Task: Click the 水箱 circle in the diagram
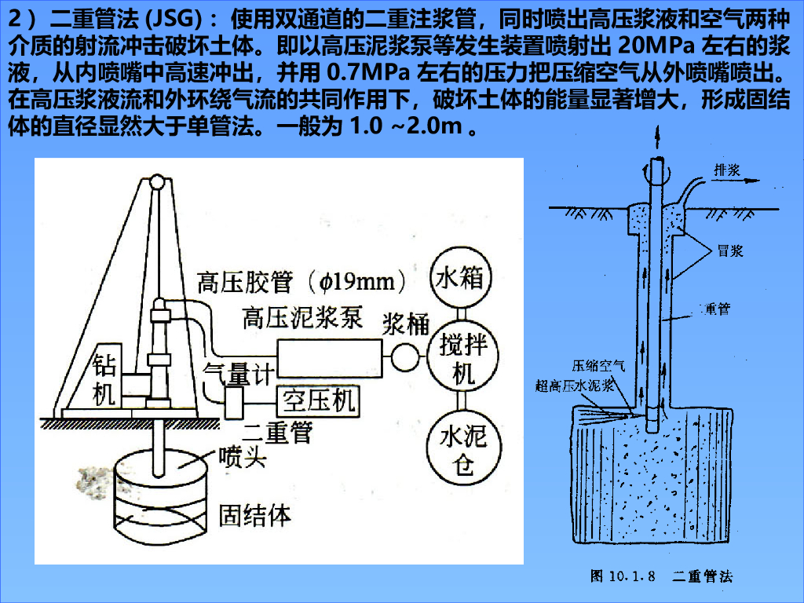tap(459, 278)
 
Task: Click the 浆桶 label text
tap(407, 323)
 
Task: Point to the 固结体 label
tap(254, 516)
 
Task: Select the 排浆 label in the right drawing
tap(726, 169)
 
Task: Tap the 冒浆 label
tap(730, 251)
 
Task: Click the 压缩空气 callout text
tap(598, 365)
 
